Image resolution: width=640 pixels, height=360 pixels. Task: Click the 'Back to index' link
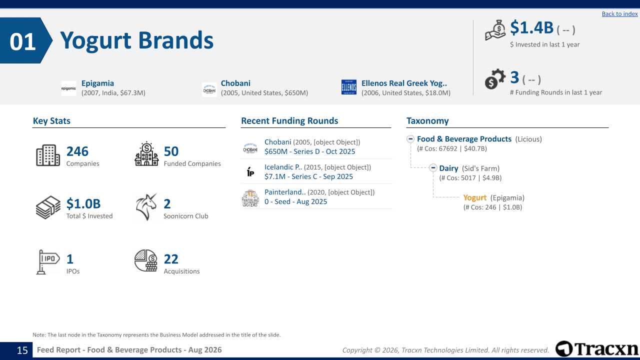coord(619,13)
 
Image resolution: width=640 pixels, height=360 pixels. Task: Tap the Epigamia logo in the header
coord(69,88)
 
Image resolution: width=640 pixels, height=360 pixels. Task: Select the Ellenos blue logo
coord(349,87)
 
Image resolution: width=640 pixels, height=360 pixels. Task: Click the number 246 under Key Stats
coord(77,151)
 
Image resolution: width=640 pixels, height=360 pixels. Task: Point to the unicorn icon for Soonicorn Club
coord(146,207)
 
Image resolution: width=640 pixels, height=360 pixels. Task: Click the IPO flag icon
coord(48,262)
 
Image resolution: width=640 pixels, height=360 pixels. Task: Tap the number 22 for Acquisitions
coord(171,259)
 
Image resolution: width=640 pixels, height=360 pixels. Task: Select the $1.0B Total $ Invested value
coord(83,203)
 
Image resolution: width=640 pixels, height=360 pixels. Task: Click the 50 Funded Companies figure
coord(171,151)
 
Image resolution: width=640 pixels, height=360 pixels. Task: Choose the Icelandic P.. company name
coord(283,167)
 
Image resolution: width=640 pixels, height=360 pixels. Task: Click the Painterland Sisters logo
coord(250,197)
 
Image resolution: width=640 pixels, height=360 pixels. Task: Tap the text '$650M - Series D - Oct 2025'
coord(309,151)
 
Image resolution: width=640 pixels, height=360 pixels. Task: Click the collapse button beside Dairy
coord(433,167)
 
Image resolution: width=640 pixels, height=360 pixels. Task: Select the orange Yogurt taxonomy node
coord(474,197)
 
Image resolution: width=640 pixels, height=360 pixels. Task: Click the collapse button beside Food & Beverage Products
coord(410,139)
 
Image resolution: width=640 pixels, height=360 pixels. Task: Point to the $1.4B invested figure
coord(531,27)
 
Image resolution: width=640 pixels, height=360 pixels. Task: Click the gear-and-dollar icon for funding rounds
coord(495,79)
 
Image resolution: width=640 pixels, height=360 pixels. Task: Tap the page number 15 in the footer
coord(22,350)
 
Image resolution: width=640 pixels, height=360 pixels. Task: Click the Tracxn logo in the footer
coord(596,349)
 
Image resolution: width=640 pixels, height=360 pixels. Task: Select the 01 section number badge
coord(25,40)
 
